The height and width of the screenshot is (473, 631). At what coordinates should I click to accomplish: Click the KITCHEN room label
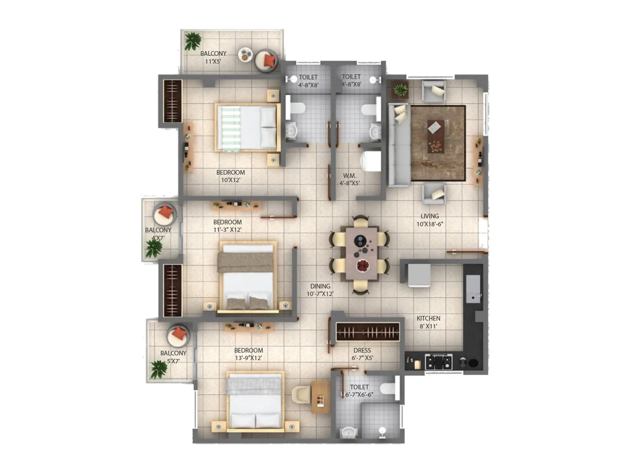pyautogui.click(x=428, y=322)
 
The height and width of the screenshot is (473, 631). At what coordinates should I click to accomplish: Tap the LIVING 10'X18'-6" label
pyautogui.click(x=429, y=220)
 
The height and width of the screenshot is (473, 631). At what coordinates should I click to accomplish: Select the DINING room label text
pyautogui.click(x=320, y=290)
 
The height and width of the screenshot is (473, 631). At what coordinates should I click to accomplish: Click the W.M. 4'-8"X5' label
pyautogui.click(x=349, y=179)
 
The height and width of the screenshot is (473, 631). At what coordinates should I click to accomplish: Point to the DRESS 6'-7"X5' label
pyautogui.click(x=362, y=354)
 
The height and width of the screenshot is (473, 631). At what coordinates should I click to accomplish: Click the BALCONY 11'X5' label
pyautogui.click(x=213, y=57)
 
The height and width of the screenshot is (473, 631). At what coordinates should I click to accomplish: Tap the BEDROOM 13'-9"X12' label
pyautogui.click(x=248, y=354)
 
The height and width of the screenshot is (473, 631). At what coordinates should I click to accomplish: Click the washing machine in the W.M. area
pyautogui.click(x=371, y=161)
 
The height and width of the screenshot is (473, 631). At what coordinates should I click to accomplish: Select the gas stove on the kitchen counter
pyautogui.click(x=438, y=361)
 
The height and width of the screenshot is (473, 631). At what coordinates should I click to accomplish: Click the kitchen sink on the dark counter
pyautogui.click(x=473, y=289)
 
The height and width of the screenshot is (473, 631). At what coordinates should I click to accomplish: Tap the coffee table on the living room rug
pyautogui.click(x=435, y=136)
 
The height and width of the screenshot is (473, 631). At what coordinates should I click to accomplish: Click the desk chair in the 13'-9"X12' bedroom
pyautogui.click(x=301, y=395)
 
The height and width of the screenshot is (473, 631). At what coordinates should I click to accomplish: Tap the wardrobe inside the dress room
pyautogui.click(x=368, y=332)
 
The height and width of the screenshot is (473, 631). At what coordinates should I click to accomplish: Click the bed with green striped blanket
pyautogui.click(x=247, y=127)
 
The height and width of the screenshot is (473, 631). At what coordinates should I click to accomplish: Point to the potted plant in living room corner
pyautogui.click(x=401, y=89)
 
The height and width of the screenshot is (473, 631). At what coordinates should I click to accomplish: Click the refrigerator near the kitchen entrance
pyautogui.click(x=419, y=275)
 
